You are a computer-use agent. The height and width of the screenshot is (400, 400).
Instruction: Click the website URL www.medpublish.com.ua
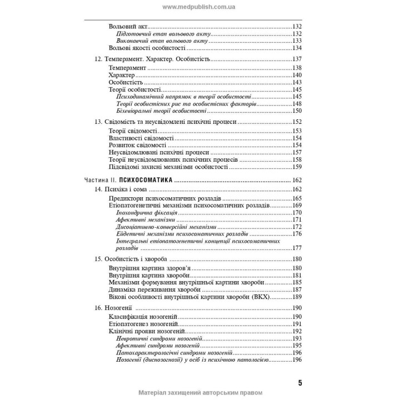[199, 7]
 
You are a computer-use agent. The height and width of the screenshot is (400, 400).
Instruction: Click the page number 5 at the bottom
[299, 382]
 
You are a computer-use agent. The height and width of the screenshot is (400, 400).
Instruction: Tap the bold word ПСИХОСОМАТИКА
[144, 180]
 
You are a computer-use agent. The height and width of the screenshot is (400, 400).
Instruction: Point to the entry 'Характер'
[122, 75]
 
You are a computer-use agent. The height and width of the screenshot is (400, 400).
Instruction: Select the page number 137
[296, 59]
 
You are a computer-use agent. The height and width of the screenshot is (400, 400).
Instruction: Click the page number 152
[296, 122]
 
